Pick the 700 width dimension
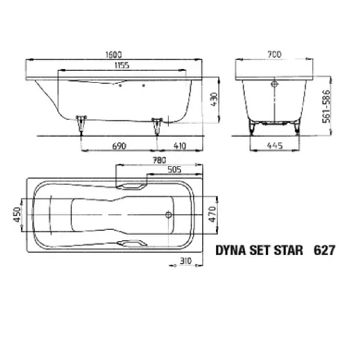pos(275,54)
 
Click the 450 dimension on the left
pos(17,215)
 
